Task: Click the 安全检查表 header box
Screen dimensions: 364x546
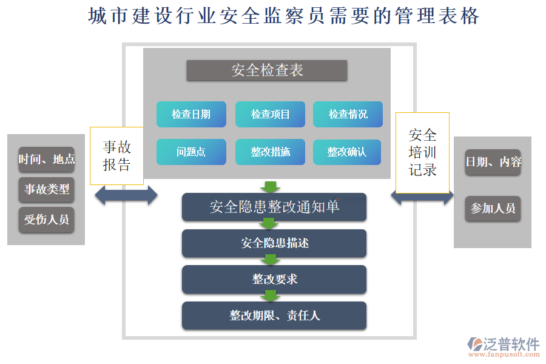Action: coord(267,70)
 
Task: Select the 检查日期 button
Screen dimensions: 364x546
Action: coord(191,114)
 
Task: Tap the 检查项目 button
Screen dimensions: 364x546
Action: coord(270,114)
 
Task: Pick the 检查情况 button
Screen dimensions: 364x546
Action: coord(348,114)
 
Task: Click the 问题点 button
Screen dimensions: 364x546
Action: coord(191,152)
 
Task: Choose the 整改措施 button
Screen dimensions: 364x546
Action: coord(270,152)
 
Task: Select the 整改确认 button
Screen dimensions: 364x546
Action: coord(347,152)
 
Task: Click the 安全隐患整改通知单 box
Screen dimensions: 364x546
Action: coord(274,207)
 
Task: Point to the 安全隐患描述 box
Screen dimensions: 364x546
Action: coord(274,243)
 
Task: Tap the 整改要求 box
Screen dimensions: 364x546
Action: coord(274,279)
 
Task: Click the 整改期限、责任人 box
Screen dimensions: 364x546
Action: coord(274,315)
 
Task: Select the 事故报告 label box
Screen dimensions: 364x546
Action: coord(116,156)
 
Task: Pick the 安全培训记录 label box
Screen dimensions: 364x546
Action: coord(422,152)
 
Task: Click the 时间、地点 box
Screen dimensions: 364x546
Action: coord(47,160)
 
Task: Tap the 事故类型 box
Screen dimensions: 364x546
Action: coord(47,189)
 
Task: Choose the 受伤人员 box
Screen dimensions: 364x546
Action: coord(47,220)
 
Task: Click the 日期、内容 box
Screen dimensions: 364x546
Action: coord(493,162)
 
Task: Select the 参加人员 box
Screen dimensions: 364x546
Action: coord(493,209)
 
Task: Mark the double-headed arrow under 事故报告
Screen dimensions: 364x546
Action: coord(126,195)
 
